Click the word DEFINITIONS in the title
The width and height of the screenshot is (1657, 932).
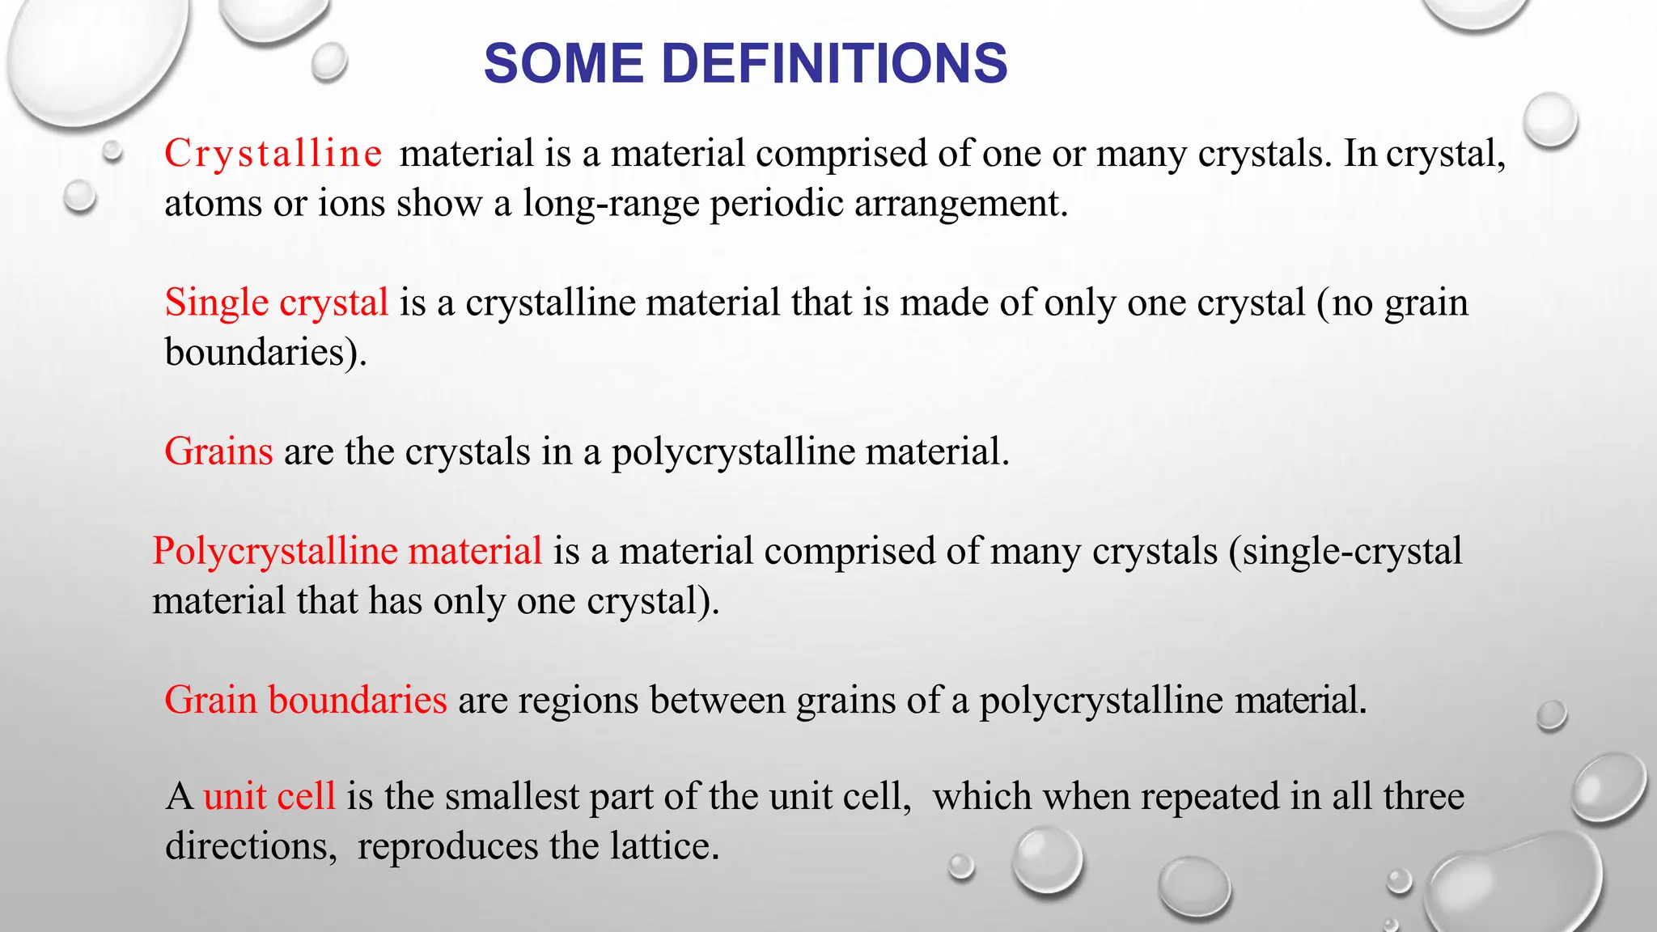click(834, 63)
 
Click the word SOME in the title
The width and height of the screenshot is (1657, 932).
click(564, 63)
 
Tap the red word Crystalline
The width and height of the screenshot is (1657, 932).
click(273, 154)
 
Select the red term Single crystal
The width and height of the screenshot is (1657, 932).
click(277, 303)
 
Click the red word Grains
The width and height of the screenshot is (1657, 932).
click(218, 451)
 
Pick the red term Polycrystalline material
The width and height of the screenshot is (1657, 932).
click(347, 551)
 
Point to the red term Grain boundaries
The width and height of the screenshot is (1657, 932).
click(305, 700)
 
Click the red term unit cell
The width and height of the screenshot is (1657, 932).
click(269, 796)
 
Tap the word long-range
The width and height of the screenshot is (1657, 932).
click(610, 204)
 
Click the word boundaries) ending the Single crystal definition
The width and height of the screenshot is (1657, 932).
click(265, 353)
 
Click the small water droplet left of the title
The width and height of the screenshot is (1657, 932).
click(328, 62)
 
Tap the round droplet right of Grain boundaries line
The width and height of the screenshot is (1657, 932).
click(1551, 715)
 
